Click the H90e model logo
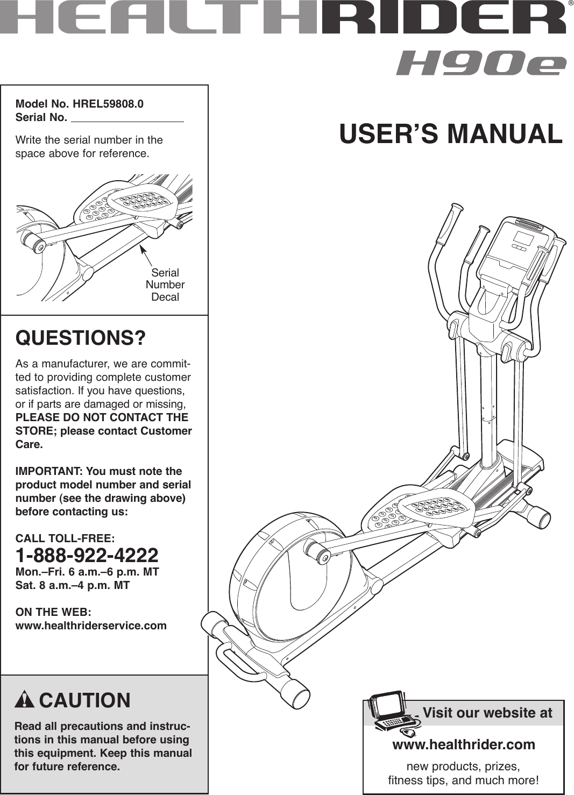tap(481, 63)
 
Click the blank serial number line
tap(127, 118)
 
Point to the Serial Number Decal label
tap(165, 285)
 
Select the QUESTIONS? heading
tap(81, 338)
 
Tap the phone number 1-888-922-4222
tap(87, 555)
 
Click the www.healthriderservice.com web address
tap(91, 626)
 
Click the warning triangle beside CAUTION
tap(25, 700)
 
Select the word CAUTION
tap(85, 700)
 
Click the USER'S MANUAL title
tap(451, 134)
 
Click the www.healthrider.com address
tap(464, 744)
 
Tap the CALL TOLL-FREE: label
tap(65, 538)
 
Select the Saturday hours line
tap(73, 585)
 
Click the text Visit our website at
tap(487, 713)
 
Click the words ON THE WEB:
tap(53, 612)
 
